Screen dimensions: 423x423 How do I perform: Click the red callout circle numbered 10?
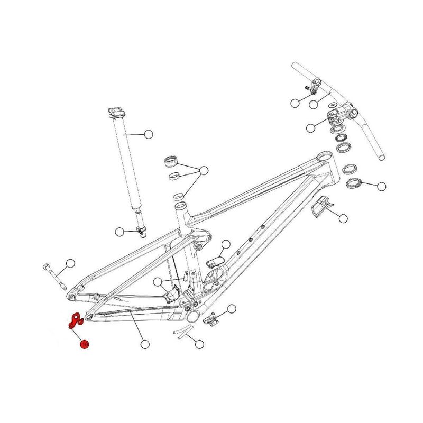(x=84, y=344)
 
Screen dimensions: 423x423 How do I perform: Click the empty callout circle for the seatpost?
(x=148, y=134)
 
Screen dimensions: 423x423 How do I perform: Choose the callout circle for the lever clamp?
(x=295, y=102)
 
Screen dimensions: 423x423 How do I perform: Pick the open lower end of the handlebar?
(x=381, y=157)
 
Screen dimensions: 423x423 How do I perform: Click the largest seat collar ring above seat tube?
(x=173, y=160)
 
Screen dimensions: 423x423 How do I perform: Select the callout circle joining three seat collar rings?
(x=204, y=170)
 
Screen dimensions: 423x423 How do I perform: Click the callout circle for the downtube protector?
(x=343, y=218)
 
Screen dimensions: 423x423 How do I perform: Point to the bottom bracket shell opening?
(x=192, y=315)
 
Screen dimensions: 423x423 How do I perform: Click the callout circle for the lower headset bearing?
(x=381, y=186)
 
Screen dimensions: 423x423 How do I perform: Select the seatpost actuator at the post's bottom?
(x=141, y=229)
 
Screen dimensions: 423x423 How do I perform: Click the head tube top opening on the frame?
(x=324, y=158)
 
